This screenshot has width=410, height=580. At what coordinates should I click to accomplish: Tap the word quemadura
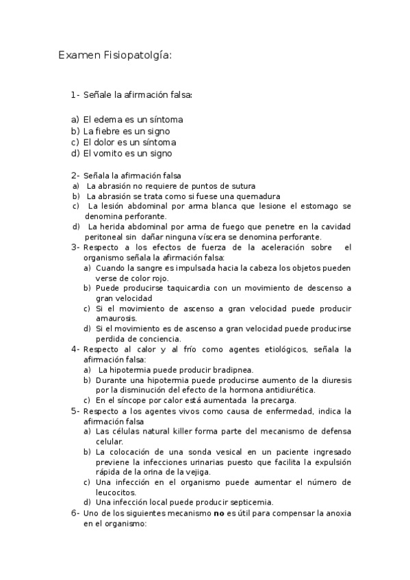[x=235, y=196]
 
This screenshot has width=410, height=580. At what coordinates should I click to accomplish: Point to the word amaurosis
[x=116, y=318]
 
